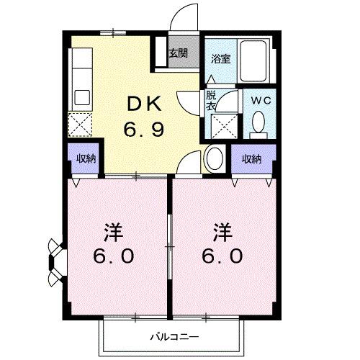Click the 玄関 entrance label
179,53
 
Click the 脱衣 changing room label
211,100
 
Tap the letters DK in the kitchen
145,105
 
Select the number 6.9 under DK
145,130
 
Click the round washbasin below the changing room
214,158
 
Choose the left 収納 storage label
86,158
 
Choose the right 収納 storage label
251,158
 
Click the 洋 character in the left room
112,233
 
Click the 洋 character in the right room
222,233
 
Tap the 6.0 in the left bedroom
112,256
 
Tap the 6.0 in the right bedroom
222,256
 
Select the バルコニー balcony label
171,336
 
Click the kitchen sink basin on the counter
81,96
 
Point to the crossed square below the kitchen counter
80,125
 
